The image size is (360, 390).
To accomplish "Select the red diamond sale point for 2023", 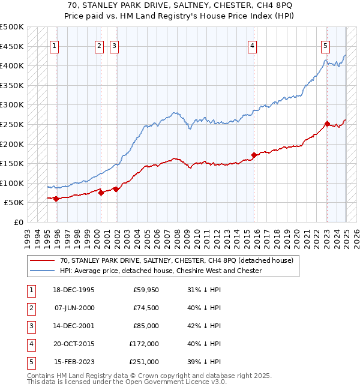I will [327, 124].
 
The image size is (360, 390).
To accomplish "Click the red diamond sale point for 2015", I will [254, 155].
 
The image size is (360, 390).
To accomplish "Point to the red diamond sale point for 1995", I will [56, 199].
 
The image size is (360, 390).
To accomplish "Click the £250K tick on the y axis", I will [12, 124].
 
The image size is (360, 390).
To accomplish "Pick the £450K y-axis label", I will [12, 46].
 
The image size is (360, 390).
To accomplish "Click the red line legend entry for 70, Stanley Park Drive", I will [176, 260].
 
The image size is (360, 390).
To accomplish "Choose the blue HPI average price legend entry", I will [161, 271].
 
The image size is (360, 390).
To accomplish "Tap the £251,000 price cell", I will [144, 362].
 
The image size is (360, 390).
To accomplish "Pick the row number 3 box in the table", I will [30, 326].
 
